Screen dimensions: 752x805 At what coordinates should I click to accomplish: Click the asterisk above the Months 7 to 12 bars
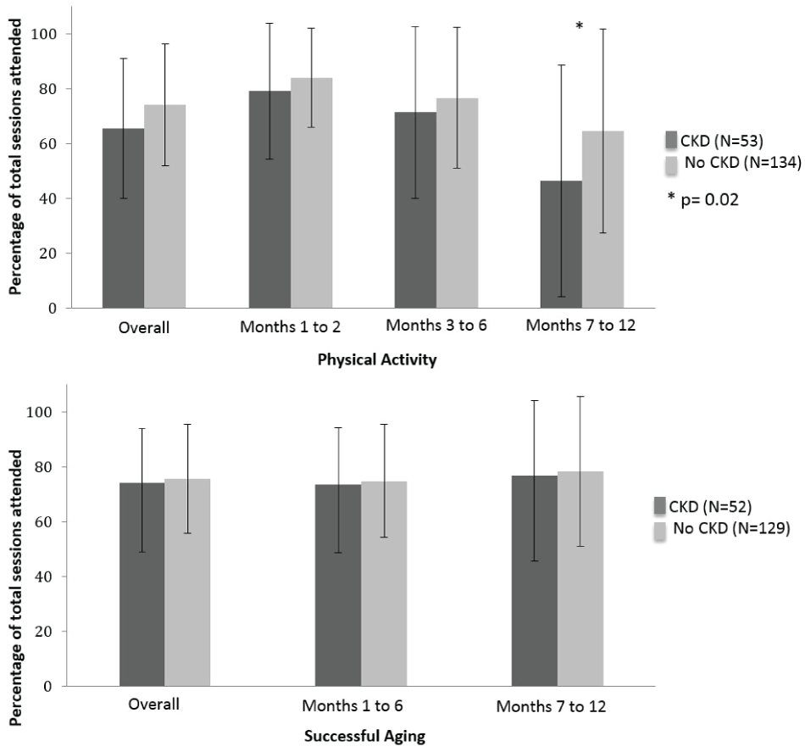point(579,27)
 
